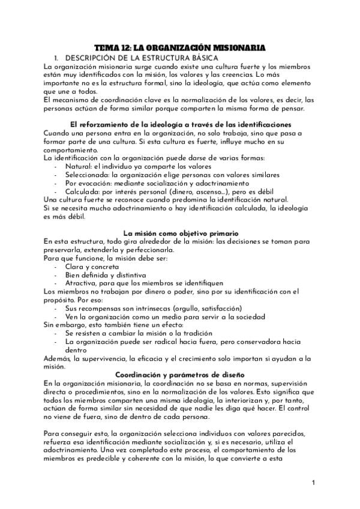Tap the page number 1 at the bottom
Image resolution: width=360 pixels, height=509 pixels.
[x=314, y=482]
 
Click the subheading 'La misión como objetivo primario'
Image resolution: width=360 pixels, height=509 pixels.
[x=181, y=232]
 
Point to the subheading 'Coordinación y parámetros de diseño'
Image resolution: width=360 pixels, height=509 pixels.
[x=179, y=375]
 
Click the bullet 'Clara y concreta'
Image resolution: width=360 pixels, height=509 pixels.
[x=92, y=266]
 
